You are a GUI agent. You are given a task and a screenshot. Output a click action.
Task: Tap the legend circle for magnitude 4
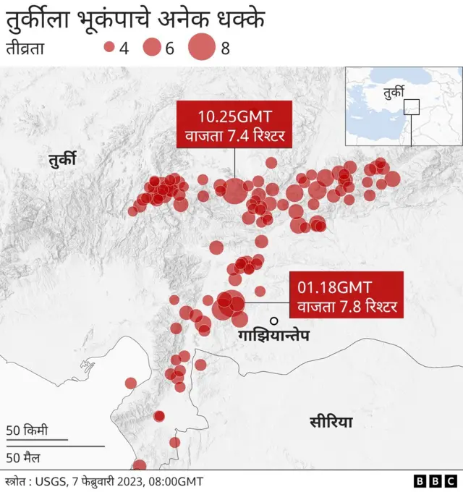(x=110, y=48)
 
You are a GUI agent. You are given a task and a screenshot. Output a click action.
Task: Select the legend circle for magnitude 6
(x=152, y=48)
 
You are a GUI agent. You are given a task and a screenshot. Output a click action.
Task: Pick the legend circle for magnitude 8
(x=202, y=48)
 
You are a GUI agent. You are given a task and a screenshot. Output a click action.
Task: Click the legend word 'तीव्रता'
(x=27, y=49)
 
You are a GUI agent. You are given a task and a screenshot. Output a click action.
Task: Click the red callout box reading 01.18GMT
(x=346, y=294)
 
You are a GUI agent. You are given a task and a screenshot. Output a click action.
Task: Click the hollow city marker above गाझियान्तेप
(x=274, y=321)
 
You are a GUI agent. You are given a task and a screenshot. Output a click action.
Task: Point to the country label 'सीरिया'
(x=331, y=421)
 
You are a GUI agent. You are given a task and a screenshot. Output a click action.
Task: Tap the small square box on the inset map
(x=411, y=106)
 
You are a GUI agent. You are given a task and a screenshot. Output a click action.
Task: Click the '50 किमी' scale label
(x=27, y=430)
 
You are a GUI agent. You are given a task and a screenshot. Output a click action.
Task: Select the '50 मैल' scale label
(x=25, y=457)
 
